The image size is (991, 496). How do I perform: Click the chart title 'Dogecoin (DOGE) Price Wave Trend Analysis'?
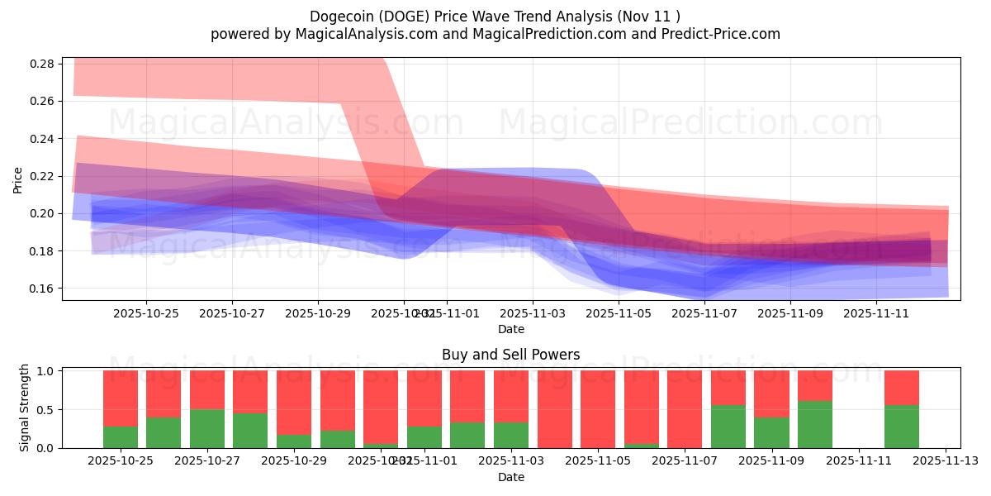pos(495,16)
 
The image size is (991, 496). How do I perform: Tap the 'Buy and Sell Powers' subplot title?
pos(510,355)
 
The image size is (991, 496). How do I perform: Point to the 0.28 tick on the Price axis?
pos(46,64)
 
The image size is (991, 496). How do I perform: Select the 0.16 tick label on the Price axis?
pos(46,289)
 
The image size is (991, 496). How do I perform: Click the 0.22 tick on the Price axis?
pos(46,176)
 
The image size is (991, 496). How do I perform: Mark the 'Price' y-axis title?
pos(18,179)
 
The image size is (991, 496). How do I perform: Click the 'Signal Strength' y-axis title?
pos(25,408)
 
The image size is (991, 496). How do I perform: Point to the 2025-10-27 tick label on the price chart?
pos(232,313)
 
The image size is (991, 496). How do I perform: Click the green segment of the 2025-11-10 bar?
pos(815,425)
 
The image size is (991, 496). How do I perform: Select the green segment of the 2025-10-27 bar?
pos(207,429)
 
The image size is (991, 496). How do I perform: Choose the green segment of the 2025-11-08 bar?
pos(728,427)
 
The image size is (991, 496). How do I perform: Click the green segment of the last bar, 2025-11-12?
pos(902,427)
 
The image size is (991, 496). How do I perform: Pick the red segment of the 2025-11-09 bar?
pos(771,393)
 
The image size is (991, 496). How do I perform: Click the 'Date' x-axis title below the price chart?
pos(510,329)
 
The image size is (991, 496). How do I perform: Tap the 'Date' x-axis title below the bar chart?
pos(510,477)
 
